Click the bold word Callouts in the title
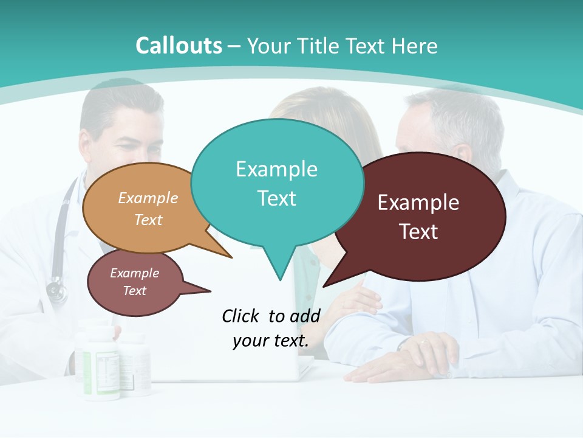(x=179, y=46)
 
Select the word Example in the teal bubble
(x=276, y=169)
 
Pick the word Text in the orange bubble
(x=148, y=220)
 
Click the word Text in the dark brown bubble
(x=418, y=231)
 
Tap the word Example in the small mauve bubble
(x=134, y=273)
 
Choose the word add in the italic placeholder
(x=305, y=316)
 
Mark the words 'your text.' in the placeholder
(x=270, y=341)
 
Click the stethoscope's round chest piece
(x=56, y=290)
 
